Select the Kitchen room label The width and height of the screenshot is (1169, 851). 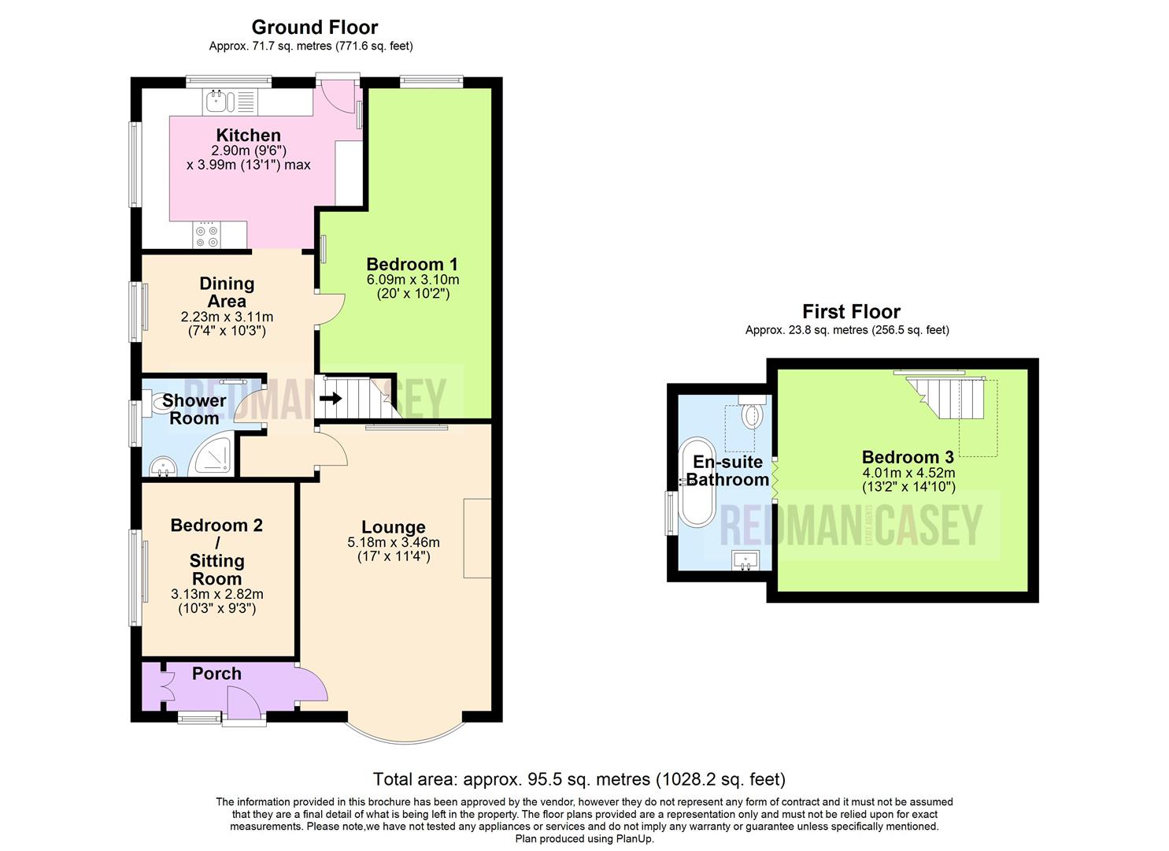(x=248, y=136)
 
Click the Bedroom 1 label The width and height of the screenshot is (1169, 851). (x=412, y=265)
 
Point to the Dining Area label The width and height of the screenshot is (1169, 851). (x=227, y=292)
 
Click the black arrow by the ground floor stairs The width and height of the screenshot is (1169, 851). (x=331, y=399)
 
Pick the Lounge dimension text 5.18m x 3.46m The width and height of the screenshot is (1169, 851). (x=393, y=542)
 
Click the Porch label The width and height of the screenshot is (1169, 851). (x=216, y=674)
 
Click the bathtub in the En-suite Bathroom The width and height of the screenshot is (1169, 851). (x=696, y=481)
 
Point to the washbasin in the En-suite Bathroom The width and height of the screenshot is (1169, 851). (x=745, y=559)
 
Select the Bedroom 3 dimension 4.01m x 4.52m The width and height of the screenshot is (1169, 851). (x=908, y=473)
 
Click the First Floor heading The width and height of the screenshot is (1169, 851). (x=850, y=311)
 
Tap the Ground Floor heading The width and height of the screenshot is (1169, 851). (x=314, y=28)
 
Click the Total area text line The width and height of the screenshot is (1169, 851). (x=579, y=779)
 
